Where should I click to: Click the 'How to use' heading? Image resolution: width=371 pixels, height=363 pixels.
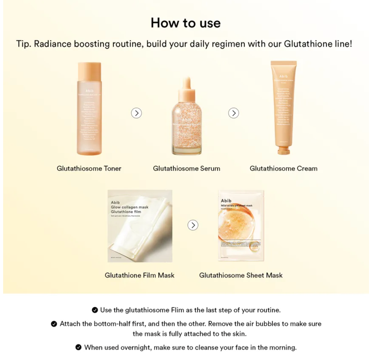pos(185,23)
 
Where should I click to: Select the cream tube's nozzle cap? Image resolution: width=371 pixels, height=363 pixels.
pos(283,150)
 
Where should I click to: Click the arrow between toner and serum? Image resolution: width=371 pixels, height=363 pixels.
pos(136,113)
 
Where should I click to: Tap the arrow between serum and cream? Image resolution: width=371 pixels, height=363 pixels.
pos(233,113)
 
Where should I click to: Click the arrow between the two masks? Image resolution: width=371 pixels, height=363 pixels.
pos(193,225)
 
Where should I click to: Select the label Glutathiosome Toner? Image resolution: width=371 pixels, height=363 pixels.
pos(89,168)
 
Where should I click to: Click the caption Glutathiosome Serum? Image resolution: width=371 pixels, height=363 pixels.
pos(186,168)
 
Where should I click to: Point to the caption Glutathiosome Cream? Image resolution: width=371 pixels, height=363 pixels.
pos(283,168)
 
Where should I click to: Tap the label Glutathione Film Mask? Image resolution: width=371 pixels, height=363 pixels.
pos(139,275)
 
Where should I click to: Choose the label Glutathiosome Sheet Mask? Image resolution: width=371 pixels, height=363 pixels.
pos(241,275)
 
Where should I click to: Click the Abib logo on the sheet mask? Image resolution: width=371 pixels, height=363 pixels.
pos(226,200)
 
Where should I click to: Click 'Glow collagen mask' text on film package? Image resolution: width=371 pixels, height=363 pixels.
pos(129,207)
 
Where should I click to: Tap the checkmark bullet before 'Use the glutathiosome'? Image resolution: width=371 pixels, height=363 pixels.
pos(95,310)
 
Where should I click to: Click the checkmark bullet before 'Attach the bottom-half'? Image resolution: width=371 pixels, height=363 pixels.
pos(54,324)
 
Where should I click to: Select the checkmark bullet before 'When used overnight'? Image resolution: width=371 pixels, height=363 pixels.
pos(79,347)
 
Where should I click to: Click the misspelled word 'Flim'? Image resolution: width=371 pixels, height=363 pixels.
pos(178,310)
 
